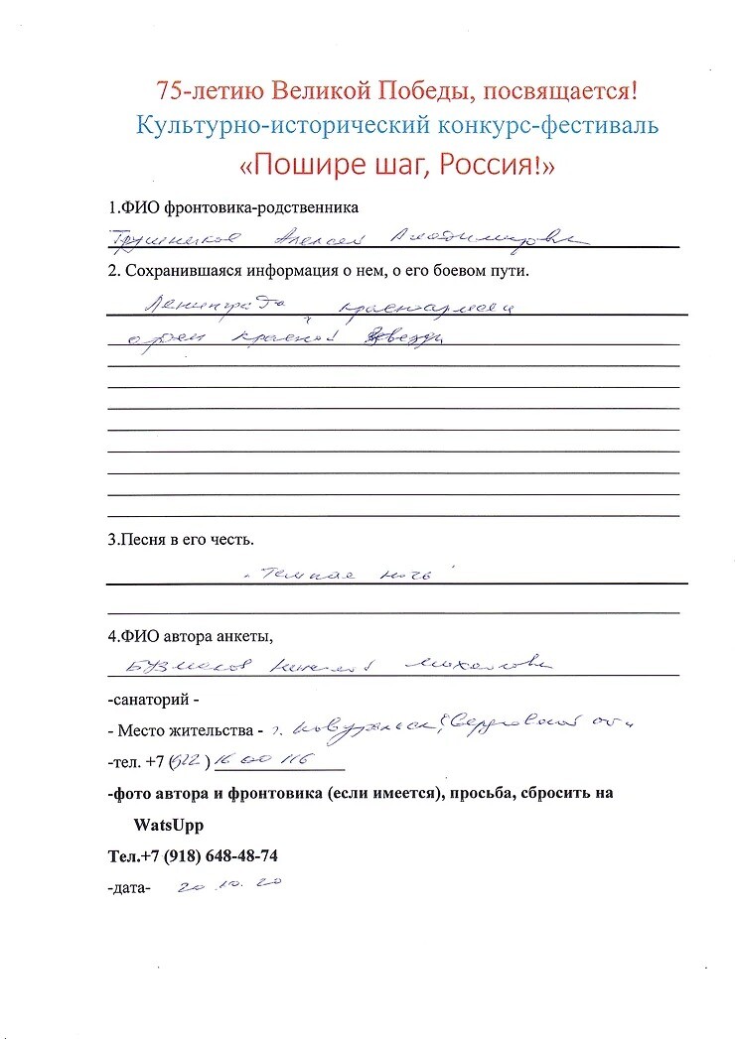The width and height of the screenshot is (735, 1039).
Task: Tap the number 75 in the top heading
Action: click(x=170, y=91)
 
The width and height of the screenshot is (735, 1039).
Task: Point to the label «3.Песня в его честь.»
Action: click(x=181, y=541)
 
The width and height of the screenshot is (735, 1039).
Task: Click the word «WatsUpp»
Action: click(x=168, y=826)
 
